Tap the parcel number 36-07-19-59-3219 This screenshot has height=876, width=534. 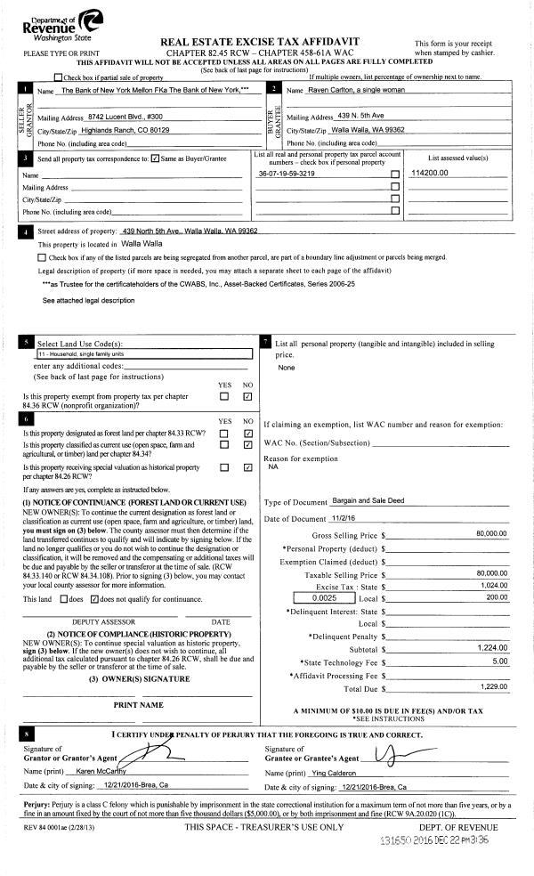[287, 174]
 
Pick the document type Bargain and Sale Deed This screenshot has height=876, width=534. [368, 500]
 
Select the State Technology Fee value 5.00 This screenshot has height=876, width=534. [498, 661]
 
